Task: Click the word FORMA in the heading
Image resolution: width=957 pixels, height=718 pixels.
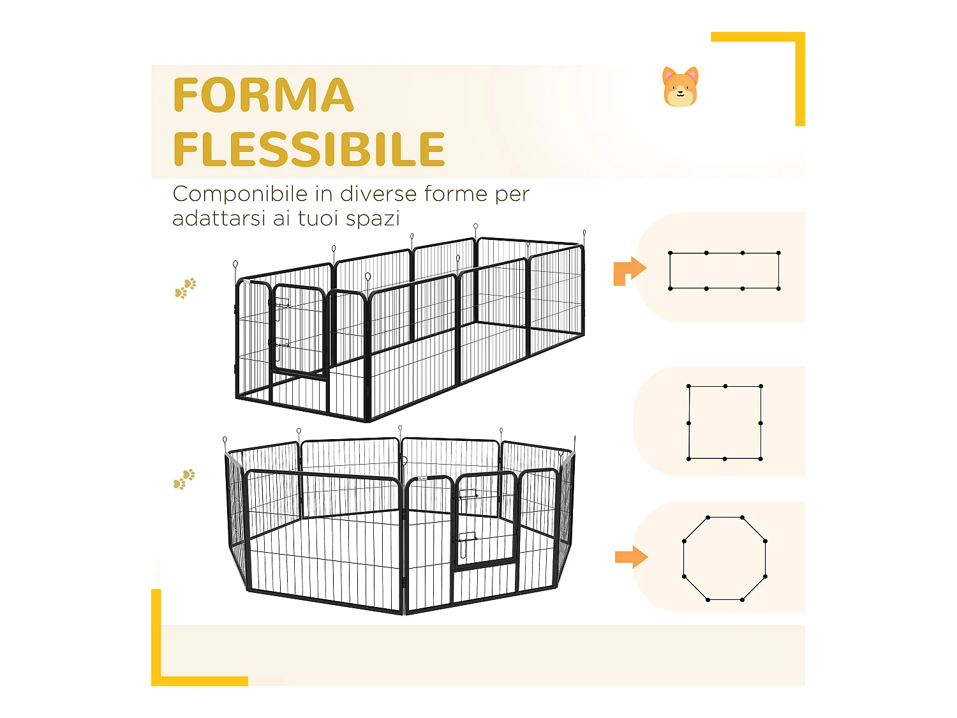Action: pos(263,96)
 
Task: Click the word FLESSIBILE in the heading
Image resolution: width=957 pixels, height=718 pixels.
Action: pos(309,149)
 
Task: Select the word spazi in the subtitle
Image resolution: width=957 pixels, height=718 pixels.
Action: pos(373,219)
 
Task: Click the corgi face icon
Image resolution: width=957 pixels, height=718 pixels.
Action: pos(680,87)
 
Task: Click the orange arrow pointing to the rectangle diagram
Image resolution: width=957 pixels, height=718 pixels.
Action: pos(629,271)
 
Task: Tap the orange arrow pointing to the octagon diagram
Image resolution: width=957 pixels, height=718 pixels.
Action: pos(631,557)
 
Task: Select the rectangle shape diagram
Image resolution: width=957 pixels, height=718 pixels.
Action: pos(724,271)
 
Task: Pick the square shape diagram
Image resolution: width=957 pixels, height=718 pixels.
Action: pos(725,423)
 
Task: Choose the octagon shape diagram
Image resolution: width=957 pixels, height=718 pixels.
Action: pos(725,558)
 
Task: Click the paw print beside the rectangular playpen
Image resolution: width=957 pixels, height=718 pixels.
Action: pos(186,288)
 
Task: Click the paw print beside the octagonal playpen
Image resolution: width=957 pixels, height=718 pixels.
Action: pos(184,479)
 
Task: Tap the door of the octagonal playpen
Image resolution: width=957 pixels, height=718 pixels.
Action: pos(485,520)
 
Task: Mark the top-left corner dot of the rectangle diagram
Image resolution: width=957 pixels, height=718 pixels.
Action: pos(671,253)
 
